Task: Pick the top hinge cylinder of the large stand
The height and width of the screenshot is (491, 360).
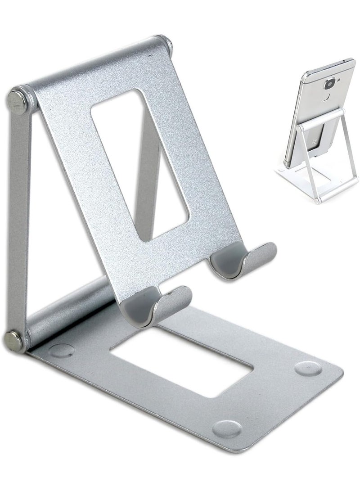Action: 94,68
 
